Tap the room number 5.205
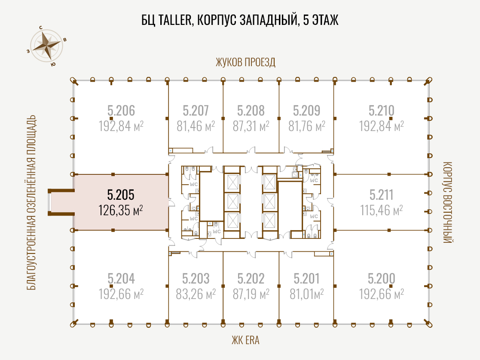(121, 195)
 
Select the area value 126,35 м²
(121, 211)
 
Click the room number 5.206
(121, 110)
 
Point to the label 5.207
(196, 110)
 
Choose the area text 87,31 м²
(251, 126)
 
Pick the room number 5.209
(306, 110)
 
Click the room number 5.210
(382, 110)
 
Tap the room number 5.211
(381, 195)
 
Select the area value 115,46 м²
(381, 211)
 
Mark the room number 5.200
(382, 278)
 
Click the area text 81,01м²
(307, 294)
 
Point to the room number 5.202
(251, 278)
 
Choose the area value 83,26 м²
(196, 294)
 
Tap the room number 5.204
(121, 278)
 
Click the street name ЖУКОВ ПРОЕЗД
(245, 62)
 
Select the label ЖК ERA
(245, 340)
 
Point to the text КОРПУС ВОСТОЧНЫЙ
(447, 202)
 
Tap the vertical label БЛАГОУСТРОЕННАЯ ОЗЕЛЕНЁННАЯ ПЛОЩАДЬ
(31, 202)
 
